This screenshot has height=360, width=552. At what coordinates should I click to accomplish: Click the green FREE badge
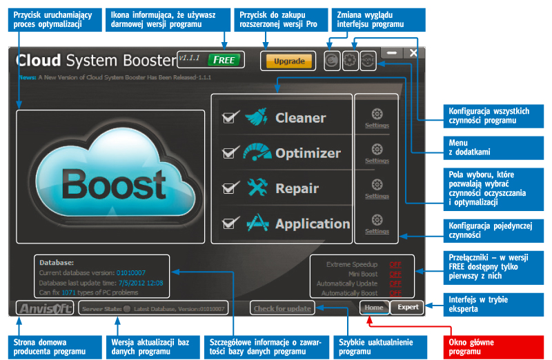click(225, 59)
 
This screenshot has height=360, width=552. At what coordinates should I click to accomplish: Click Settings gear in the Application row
click(377, 220)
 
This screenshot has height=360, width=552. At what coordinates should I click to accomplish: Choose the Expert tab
click(408, 308)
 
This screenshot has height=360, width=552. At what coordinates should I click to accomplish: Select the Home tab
click(374, 308)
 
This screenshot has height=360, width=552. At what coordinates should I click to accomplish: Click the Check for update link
click(282, 308)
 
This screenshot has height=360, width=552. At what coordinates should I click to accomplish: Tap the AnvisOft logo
click(45, 308)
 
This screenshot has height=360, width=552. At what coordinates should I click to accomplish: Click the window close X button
click(413, 52)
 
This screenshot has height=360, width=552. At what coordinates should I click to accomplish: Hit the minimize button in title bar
click(392, 52)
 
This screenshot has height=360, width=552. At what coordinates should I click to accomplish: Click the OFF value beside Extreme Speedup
click(395, 264)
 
